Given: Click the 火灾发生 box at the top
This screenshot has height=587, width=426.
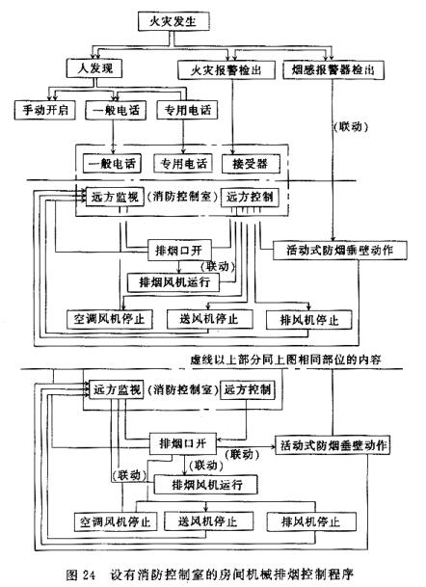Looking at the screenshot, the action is tap(173, 21).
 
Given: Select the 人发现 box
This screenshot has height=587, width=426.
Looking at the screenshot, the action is tap(94, 68).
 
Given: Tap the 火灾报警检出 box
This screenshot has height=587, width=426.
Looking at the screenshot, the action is tap(226, 70).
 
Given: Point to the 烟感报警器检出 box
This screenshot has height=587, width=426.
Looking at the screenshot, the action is tap(333, 70).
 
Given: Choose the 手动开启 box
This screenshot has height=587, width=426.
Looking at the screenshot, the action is tap(45, 110).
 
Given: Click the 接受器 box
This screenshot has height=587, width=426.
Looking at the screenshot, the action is tap(251, 164).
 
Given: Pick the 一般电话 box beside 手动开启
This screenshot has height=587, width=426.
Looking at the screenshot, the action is tap(116, 110).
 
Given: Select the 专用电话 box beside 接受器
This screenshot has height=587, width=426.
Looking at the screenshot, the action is tap(183, 163).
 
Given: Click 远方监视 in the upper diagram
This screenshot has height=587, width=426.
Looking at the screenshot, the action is tap(115, 197).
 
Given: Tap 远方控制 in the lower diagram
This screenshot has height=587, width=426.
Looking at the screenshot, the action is tap(248, 390).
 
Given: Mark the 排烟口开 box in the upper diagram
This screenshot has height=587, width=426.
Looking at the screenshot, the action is tap(179, 250).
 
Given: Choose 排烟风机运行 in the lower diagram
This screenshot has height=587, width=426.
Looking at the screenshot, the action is tap(206, 485).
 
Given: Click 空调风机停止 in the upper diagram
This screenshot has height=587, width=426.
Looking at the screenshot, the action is tap(109, 319).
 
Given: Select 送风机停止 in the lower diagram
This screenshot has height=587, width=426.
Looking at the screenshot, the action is tap(208, 520).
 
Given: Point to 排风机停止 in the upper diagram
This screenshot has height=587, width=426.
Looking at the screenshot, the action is tap(308, 320).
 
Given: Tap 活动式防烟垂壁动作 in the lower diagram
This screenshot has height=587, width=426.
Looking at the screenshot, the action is tap(333, 445).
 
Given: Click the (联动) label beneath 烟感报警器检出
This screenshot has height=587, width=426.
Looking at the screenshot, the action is tap(351, 127).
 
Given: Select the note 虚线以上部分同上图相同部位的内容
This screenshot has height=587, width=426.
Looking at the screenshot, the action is tap(285, 360).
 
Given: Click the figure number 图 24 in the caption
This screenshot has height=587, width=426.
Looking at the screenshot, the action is tap(81, 574).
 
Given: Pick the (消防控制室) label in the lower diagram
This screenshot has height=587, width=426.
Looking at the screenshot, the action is tap(181, 390).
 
